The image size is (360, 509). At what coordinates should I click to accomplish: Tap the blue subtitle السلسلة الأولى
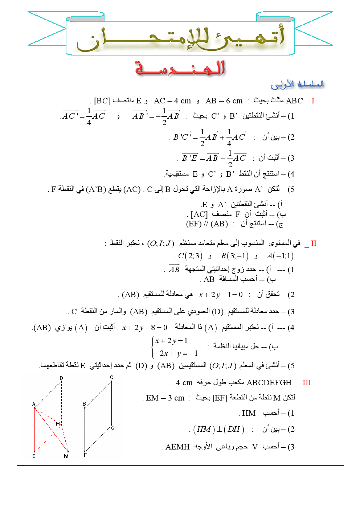(x=297, y=85)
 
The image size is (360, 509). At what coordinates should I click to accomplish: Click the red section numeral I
(x=313, y=101)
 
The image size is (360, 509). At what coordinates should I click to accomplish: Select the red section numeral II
(x=314, y=243)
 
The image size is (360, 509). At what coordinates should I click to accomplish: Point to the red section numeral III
(x=307, y=383)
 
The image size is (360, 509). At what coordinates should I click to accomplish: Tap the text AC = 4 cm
(x=172, y=101)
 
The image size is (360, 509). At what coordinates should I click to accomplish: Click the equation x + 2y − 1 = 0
(x=221, y=295)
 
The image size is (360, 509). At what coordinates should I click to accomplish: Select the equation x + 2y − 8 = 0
(x=145, y=328)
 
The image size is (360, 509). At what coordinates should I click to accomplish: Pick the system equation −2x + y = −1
(x=176, y=353)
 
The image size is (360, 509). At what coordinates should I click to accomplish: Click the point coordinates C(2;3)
(x=190, y=256)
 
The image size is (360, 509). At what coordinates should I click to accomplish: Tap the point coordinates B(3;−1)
(x=235, y=256)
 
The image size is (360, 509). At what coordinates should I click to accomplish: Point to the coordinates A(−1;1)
(x=280, y=256)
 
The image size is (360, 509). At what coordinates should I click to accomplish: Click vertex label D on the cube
(x=61, y=378)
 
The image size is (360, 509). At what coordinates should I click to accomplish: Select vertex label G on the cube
(x=113, y=428)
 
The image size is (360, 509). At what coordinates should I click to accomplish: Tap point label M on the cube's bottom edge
(x=66, y=456)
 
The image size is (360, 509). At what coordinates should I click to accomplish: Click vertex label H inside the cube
(x=58, y=424)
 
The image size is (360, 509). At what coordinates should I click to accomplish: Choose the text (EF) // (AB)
(x=207, y=224)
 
